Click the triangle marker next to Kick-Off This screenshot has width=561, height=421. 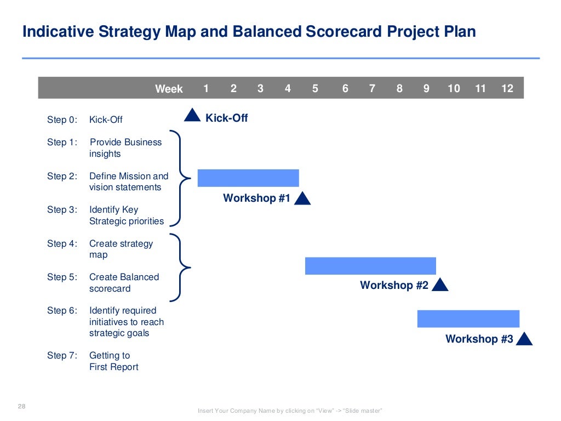pos(192,115)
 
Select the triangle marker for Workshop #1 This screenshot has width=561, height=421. pos(302,199)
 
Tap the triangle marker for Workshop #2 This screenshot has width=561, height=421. pos(440,285)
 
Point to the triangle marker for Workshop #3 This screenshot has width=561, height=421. pos(524,339)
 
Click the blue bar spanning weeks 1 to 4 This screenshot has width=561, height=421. pos(248,178)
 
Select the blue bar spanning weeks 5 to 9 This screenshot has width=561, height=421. pos(370,266)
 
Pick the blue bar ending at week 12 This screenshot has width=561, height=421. pos(468,318)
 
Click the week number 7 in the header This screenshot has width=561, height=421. pos(373,88)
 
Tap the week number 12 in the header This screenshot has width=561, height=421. pos(507,88)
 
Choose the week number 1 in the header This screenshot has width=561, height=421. pos(206,88)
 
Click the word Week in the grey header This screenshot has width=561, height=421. pos(169,89)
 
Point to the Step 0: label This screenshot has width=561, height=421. pos(62,120)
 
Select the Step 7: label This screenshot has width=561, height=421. pos(62,355)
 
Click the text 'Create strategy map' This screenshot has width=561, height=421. pos(121,249)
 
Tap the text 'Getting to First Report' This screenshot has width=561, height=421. pos(114,361)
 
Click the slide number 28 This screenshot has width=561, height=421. pos(22,406)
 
